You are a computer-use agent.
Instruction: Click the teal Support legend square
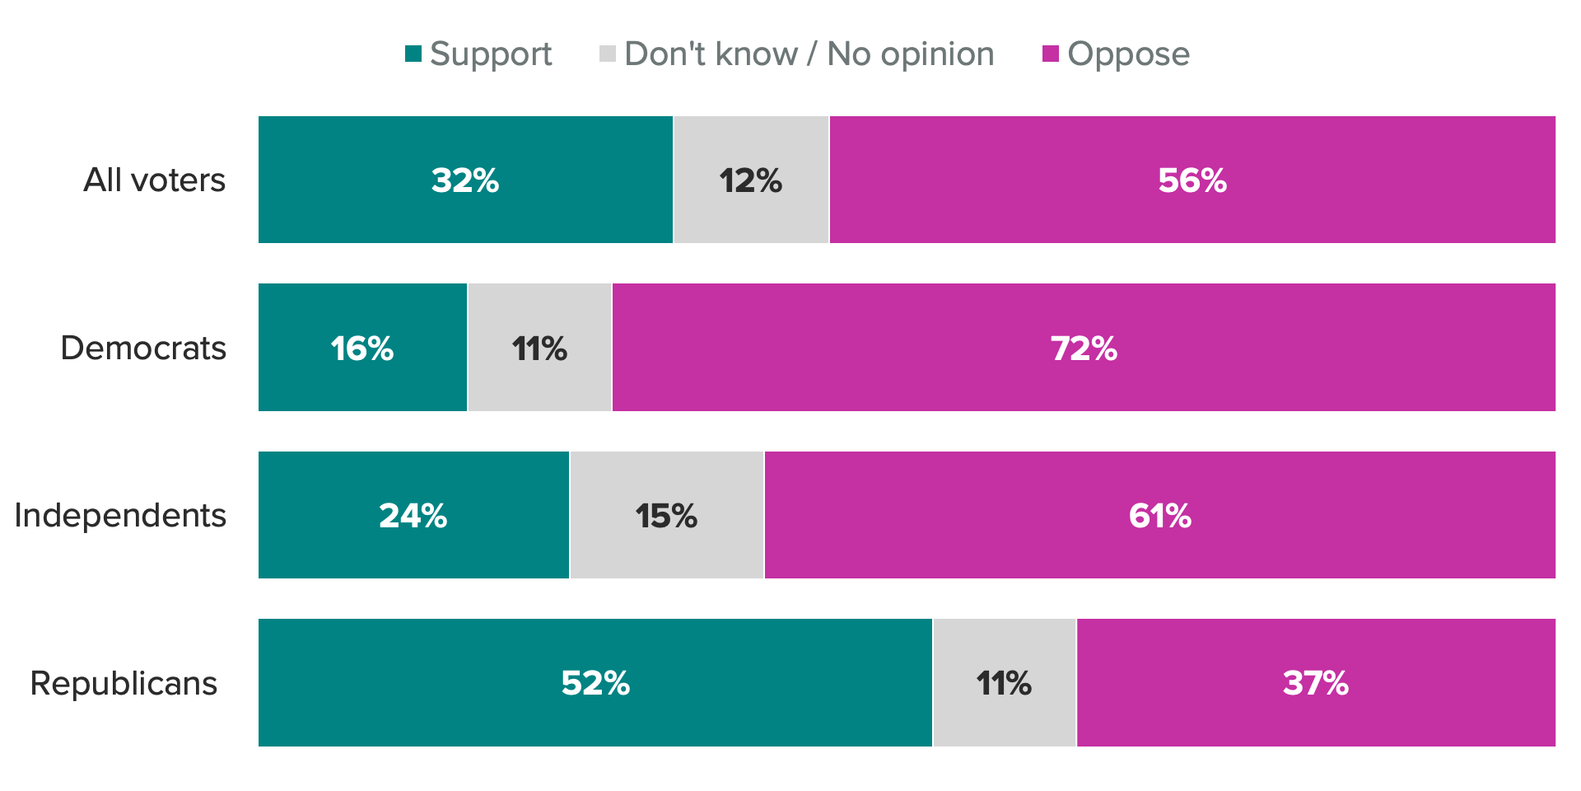(x=413, y=54)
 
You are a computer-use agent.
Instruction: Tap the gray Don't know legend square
(x=608, y=54)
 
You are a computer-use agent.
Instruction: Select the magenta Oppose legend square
(x=1050, y=54)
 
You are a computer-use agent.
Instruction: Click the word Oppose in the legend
(x=1128, y=54)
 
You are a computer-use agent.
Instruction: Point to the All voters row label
(x=154, y=180)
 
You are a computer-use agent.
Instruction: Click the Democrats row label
(x=143, y=348)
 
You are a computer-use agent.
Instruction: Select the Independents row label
(x=120, y=515)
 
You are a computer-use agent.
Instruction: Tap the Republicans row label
(x=124, y=683)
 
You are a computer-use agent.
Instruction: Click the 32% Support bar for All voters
(x=465, y=180)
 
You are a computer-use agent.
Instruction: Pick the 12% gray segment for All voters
(x=751, y=180)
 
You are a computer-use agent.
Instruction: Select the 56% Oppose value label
(x=1192, y=180)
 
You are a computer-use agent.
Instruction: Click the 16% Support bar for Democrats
(x=362, y=348)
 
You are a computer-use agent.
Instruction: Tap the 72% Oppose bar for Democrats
(x=1084, y=348)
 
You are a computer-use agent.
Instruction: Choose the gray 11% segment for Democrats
(x=539, y=348)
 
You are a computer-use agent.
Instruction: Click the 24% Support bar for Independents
(x=413, y=515)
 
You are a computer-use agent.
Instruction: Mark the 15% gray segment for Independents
(x=667, y=515)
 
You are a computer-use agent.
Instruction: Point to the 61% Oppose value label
(x=1160, y=516)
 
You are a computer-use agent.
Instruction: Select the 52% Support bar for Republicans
(x=595, y=683)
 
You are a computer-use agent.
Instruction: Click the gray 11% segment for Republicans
(x=1005, y=683)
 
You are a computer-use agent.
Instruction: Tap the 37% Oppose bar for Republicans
(x=1316, y=683)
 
